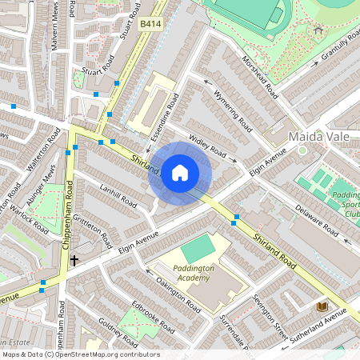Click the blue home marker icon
coord(180,173)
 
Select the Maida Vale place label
coord(319,137)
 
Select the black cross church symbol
coord(74,260)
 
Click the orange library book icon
coord(322,306)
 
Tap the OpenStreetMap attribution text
coord(80,354)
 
